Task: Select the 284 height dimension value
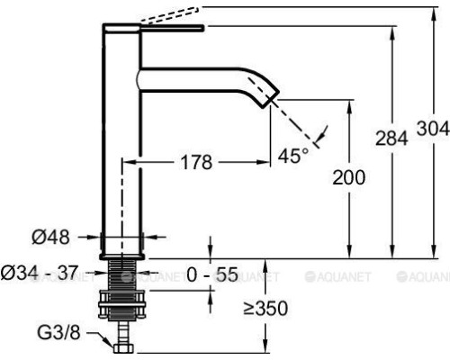point(391,139)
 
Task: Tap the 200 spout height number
point(348,178)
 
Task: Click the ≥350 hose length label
point(265,309)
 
